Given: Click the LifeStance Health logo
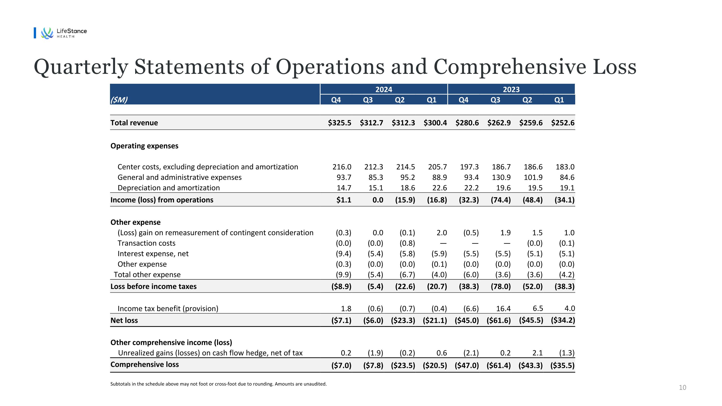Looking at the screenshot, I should click(64, 33).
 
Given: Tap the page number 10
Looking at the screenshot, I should click(682, 387).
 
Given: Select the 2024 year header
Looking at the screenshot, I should click(384, 89).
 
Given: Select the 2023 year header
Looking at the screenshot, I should click(511, 89).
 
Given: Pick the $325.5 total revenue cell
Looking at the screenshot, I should click(339, 123).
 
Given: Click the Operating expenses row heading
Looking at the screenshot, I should click(144, 146).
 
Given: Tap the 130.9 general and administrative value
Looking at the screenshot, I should click(501, 177).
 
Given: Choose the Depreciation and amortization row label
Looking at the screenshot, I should click(169, 188).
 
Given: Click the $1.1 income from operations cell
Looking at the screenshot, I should click(344, 200).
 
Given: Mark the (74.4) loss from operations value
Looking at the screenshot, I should click(501, 200).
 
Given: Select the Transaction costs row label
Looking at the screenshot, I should click(147, 243).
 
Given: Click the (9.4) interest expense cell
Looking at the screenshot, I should click(343, 254).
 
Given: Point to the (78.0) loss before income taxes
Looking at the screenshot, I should click(501, 286).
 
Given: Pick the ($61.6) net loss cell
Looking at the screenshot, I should click(499, 320).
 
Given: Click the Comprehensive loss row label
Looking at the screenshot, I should click(145, 364).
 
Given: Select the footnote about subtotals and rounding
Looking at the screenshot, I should click(218, 384).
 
